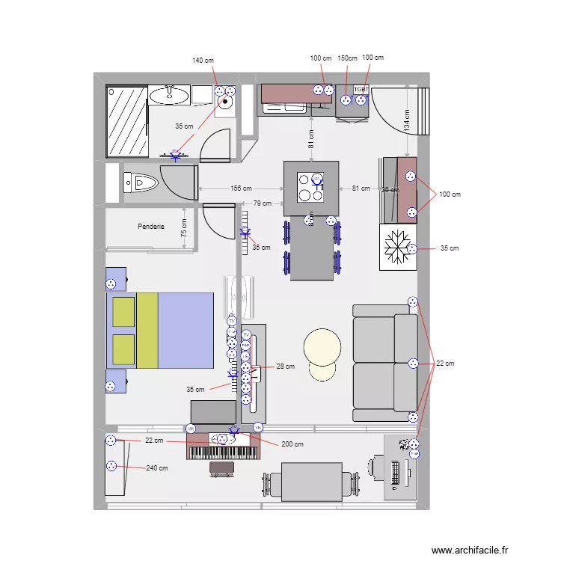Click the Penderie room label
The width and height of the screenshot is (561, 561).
point(150,227)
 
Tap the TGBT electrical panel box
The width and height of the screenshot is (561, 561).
point(361,89)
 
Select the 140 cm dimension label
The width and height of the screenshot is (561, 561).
point(203,60)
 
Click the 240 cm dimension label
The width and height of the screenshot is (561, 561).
point(157,468)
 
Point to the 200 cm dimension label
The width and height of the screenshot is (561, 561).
point(292,444)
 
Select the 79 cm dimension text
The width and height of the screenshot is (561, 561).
point(263,203)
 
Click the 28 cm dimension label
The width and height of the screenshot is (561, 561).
point(285,367)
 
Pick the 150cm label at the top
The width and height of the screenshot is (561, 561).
point(347,58)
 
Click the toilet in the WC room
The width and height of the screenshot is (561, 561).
point(141,182)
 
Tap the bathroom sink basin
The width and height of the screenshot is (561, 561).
point(170,94)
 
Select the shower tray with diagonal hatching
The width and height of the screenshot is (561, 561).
point(126,120)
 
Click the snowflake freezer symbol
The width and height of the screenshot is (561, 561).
point(399,248)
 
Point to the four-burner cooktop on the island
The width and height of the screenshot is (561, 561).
point(311,188)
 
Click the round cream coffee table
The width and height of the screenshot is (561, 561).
point(322,347)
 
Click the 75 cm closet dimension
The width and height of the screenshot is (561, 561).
point(185,228)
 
